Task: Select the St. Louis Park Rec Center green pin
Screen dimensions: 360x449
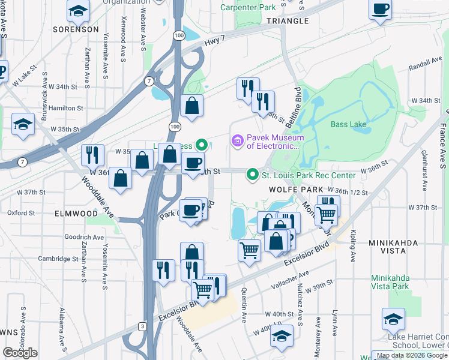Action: [x=253, y=175]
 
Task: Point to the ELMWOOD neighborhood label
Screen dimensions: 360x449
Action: [x=76, y=213]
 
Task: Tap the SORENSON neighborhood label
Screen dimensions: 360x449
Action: [x=75, y=29]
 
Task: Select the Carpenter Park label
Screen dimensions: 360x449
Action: [x=248, y=8]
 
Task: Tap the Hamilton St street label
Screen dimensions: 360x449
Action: [x=65, y=108]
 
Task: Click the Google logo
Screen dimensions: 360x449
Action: [x=20, y=353]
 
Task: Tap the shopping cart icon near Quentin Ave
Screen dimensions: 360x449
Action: [x=249, y=250]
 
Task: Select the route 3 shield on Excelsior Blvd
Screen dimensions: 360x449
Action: [x=142, y=326]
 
